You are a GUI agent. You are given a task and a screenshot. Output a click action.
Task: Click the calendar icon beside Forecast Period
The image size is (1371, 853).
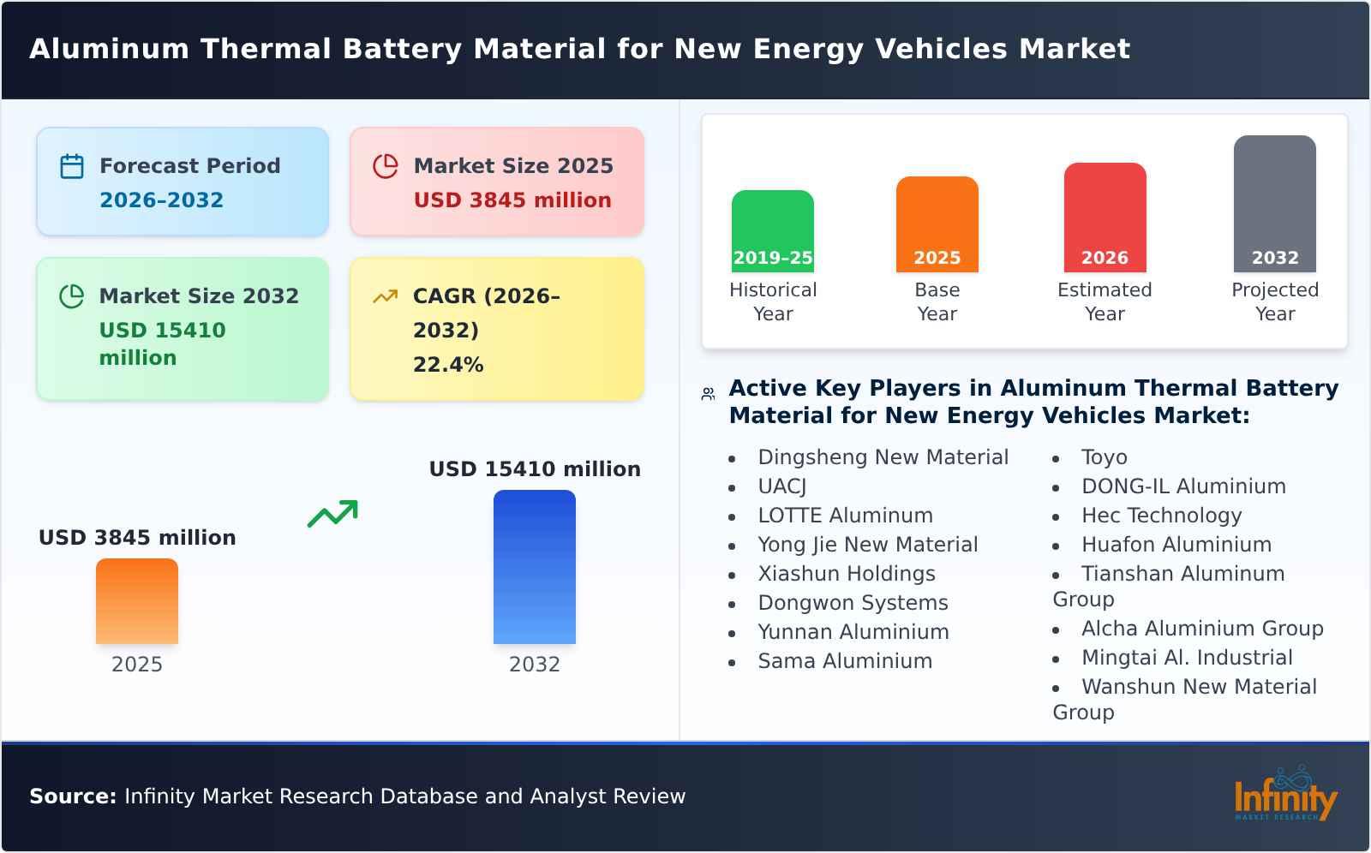72,166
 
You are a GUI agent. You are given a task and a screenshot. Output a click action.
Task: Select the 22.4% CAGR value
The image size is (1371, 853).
448,365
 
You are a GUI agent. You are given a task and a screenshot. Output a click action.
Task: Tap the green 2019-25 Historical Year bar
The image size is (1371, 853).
772,230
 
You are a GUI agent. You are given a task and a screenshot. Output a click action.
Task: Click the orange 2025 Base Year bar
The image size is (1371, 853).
937,223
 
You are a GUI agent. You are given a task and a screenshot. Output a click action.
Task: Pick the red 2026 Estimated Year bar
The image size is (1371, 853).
1105,216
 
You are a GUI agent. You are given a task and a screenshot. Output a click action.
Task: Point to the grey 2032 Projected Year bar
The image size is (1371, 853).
1274,202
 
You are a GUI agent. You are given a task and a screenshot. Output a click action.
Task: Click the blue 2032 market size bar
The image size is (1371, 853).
534,566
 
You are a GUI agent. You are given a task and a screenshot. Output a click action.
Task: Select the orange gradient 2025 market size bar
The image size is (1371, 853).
137,600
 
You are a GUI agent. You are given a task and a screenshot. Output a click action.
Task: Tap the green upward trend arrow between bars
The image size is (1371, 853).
332,514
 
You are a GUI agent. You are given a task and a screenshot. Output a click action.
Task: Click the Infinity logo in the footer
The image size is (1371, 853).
1284,795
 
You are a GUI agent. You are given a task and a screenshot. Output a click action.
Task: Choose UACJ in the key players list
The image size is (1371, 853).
781,486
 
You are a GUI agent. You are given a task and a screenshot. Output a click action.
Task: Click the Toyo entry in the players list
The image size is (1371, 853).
1104,457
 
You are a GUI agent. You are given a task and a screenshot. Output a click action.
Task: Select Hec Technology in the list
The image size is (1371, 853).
1161,516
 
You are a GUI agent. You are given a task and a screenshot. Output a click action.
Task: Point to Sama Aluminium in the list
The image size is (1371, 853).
844,661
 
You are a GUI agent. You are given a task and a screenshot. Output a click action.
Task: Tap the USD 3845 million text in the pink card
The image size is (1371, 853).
512,200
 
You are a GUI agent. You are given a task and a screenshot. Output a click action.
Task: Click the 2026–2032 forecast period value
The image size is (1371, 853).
161,200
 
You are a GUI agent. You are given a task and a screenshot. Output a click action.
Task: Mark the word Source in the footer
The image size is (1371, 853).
72,796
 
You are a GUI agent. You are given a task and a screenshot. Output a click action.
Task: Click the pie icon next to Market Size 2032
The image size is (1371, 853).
72,296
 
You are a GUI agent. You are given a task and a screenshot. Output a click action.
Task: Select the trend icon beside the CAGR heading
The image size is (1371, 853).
385,296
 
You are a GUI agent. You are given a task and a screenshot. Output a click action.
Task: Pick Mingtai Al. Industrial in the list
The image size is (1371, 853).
1187,658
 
